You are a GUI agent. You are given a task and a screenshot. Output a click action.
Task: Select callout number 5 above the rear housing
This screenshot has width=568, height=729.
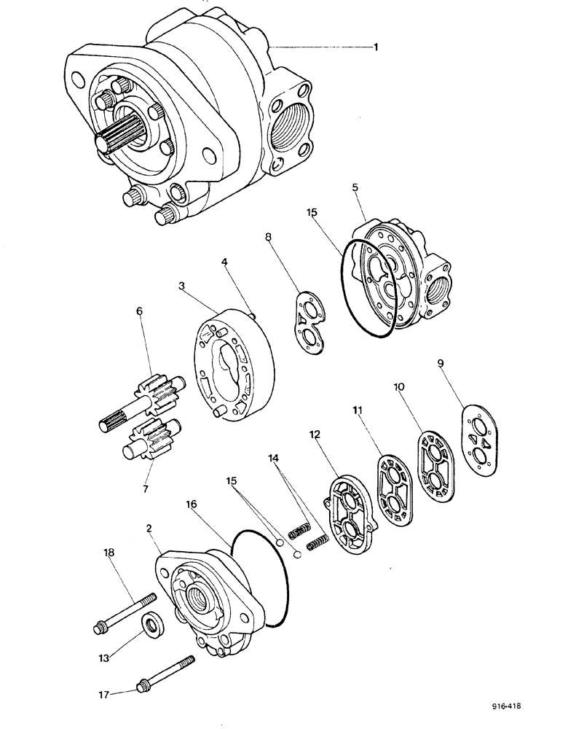coord(355,188)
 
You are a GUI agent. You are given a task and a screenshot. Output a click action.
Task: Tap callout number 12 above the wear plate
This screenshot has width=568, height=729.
coord(314,434)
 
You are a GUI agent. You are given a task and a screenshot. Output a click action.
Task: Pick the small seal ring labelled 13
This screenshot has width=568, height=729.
coord(154,625)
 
